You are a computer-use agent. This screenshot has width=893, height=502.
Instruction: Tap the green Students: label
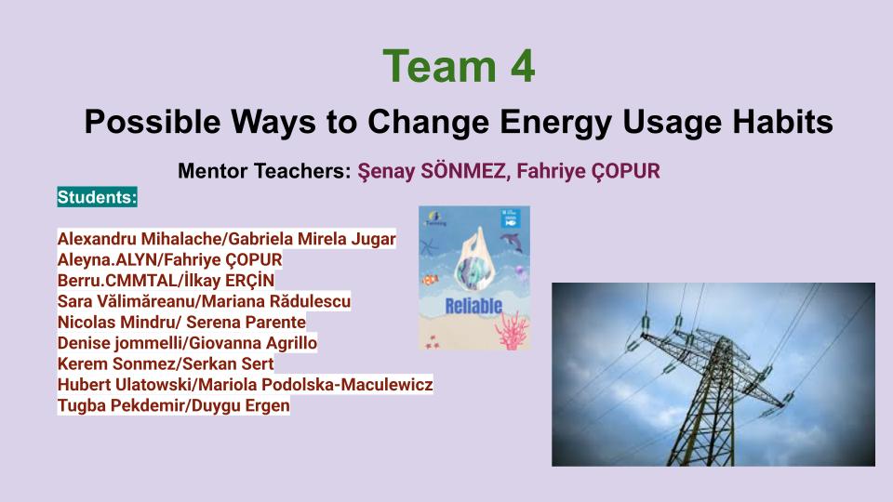(x=97, y=197)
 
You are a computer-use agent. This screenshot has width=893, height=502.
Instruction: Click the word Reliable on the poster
(x=473, y=306)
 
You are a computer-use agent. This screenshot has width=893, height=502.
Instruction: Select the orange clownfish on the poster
(x=431, y=280)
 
